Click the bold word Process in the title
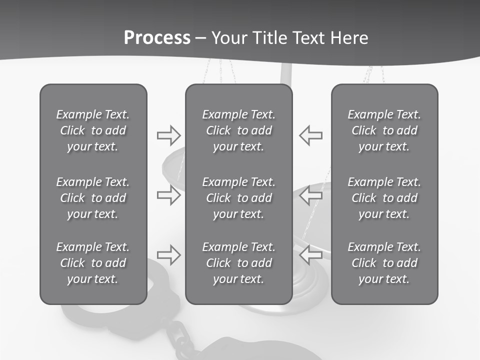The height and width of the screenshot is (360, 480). pyautogui.click(x=157, y=37)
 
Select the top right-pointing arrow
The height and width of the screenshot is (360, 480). pyautogui.click(x=168, y=135)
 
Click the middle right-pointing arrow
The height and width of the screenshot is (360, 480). pyautogui.click(x=168, y=195)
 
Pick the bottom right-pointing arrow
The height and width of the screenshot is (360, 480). pyautogui.click(x=168, y=255)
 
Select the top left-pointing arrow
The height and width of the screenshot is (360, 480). pyautogui.click(x=311, y=135)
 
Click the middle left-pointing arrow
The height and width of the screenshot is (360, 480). pyautogui.click(x=311, y=195)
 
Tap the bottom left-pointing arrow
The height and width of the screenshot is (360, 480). pyautogui.click(x=311, y=255)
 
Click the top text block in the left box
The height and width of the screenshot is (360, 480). pyautogui.click(x=93, y=130)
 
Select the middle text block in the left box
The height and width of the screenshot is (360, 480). pyautogui.click(x=93, y=198)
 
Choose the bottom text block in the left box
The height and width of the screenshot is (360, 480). pyautogui.click(x=93, y=263)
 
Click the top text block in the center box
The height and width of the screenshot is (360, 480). pyautogui.click(x=238, y=130)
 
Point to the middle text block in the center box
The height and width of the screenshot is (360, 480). pyautogui.click(x=238, y=198)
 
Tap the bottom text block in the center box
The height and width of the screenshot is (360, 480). pyautogui.click(x=238, y=263)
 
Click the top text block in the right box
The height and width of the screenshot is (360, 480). pyautogui.click(x=384, y=130)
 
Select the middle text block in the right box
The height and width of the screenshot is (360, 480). pyautogui.click(x=384, y=198)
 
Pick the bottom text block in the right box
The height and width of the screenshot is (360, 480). pyautogui.click(x=384, y=263)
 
